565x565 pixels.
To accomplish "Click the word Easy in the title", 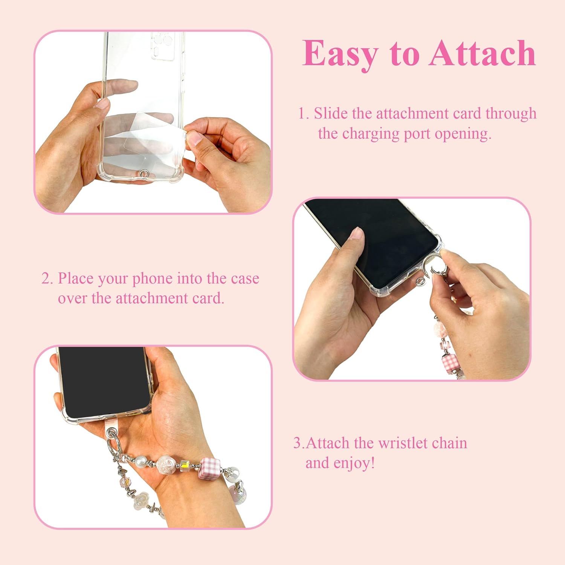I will coord(340,54).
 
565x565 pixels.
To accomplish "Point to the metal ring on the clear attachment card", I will coord(144,173).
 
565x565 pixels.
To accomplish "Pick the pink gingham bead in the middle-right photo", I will coord(449,362).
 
